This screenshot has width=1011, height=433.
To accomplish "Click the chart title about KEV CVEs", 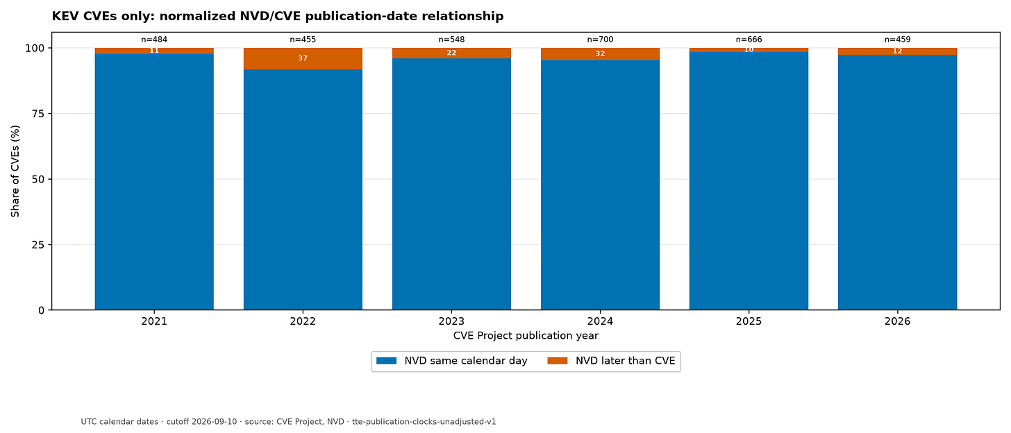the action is pyautogui.click(x=278, y=16).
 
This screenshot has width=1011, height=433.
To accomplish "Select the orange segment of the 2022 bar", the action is pyautogui.click(x=303, y=58).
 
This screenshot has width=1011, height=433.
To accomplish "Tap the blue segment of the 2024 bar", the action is pyautogui.click(x=600, y=185).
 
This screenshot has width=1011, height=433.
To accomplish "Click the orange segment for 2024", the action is pyautogui.click(x=600, y=54).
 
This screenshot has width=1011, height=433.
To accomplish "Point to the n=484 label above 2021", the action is pyautogui.click(x=154, y=40).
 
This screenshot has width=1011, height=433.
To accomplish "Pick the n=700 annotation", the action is pyautogui.click(x=600, y=40).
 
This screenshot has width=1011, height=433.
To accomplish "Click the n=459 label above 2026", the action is pyautogui.click(x=898, y=40).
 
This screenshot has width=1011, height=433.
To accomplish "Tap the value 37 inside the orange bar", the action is pyautogui.click(x=303, y=58).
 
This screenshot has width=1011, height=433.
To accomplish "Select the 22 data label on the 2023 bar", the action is pyautogui.click(x=451, y=53).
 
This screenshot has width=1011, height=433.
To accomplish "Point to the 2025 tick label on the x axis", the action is pyautogui.click(x=749, y=321).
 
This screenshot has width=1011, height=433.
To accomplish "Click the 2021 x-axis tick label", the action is pyautogui.click(x=154, y=321).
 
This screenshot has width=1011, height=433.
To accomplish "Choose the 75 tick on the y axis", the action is pyautogui.click(x=38, y=114).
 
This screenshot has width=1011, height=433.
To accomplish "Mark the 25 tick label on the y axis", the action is pyautogui.click(x=38, y=245).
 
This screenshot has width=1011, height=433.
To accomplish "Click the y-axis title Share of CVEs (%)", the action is pyautogui.click(x=15, y=171).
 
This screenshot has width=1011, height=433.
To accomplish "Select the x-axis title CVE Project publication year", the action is pyautogui.click(x=526, y=336).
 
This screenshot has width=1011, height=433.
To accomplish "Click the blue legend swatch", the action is pyautogui.click(x=386, y=362).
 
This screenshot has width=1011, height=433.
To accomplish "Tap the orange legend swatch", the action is pyautogui.click(x=558, y=362).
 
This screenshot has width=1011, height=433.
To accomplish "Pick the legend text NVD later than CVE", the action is pyautogui.click(x=626, y=362).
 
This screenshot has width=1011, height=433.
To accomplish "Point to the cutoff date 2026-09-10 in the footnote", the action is pyautogui.click(x=215, y=422).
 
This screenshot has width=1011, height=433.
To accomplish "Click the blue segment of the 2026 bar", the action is pyautogui.click(x=898, y=182).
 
